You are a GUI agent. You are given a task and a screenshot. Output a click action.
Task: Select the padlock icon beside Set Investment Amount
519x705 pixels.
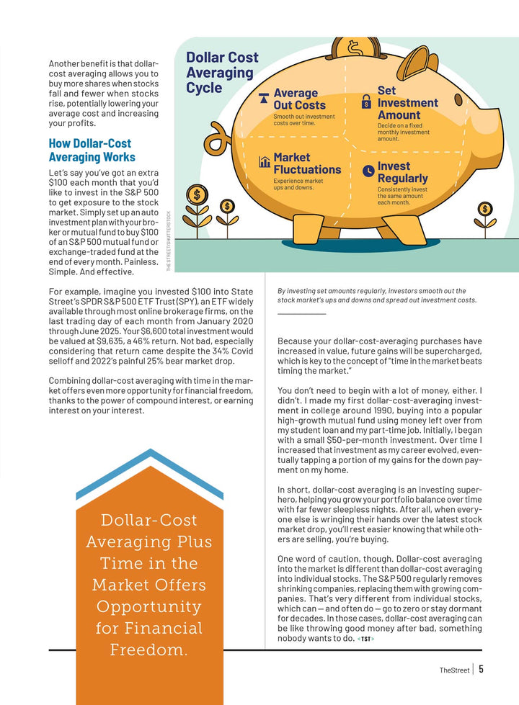pos(366,102)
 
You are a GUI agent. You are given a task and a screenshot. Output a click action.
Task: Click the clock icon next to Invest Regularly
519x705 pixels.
pos(368,171)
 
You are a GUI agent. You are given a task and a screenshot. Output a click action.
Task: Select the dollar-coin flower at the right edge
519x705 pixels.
pos(485,210)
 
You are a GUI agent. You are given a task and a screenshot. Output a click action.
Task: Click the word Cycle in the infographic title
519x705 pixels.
pos(204,88)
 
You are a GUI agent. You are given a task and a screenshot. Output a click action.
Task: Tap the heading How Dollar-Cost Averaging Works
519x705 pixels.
pos(92,150)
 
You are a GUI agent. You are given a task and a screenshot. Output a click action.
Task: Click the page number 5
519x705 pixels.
pos(481,668)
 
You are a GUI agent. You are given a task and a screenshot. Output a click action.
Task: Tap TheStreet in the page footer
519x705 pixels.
pos(454,670)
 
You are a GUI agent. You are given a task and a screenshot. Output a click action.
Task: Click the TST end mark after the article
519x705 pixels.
pos(366,638)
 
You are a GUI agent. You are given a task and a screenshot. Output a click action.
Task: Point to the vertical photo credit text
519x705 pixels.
pos(169,241)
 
